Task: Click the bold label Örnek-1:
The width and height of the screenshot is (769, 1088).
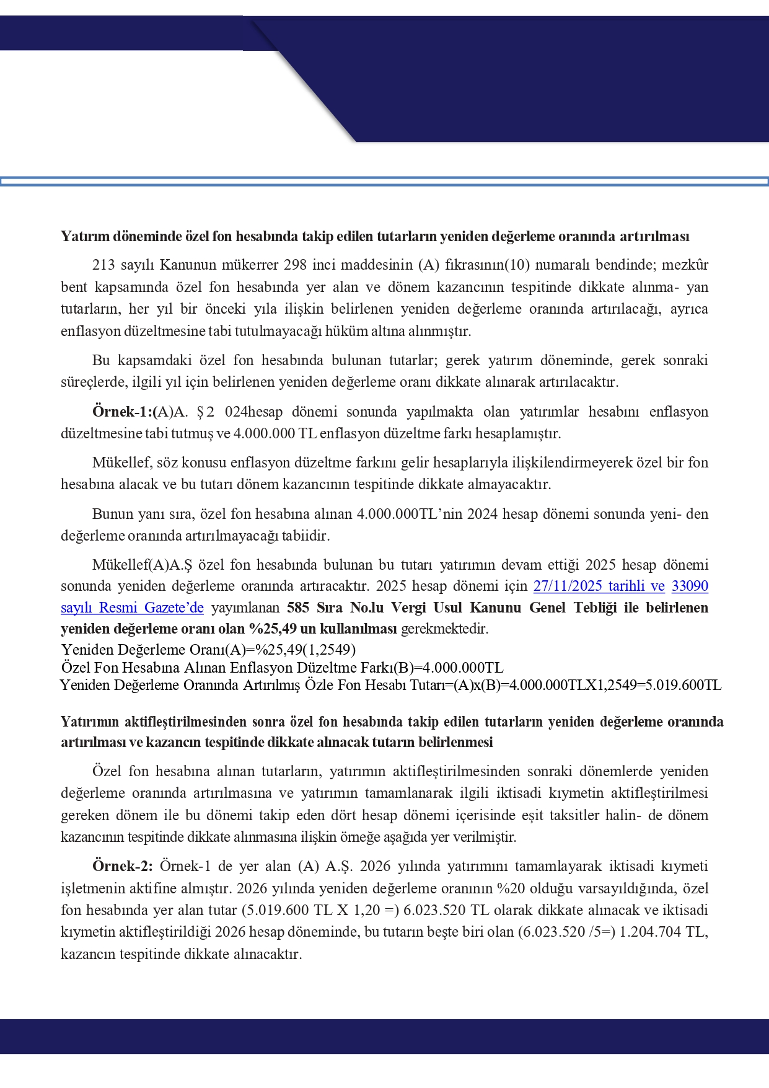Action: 122,412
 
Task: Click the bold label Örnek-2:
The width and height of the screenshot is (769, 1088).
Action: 122,866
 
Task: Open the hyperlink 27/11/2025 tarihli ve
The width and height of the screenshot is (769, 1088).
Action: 599,586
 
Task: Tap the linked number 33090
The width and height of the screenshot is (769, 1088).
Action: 690,586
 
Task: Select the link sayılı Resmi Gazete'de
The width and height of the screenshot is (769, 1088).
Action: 132,608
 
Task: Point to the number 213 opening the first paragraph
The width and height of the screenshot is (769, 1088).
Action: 103,265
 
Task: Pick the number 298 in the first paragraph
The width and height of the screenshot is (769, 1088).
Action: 295,265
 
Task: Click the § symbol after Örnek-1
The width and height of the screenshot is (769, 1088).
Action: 200,412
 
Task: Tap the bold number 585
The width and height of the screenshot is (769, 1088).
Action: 298,608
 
